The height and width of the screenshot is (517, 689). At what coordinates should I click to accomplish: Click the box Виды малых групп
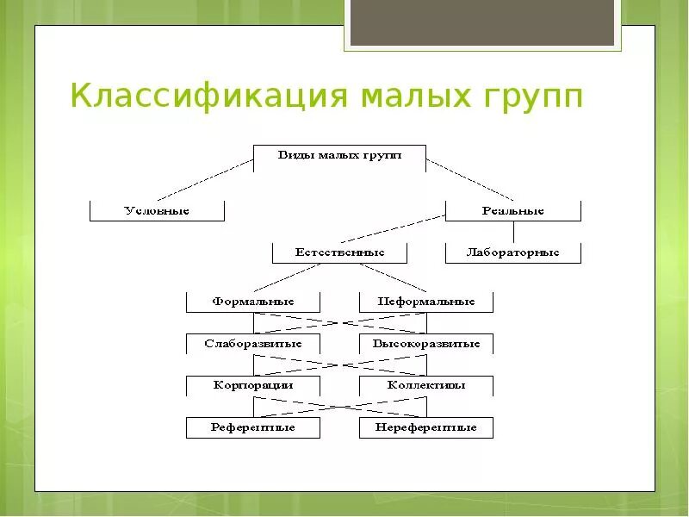(x=339, y=156)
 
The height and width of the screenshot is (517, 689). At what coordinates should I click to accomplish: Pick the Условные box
(x=157, y=210)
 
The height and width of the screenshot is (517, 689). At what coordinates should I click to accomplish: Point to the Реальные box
(x=512, y=210)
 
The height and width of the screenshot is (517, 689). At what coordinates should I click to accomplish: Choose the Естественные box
(x=339, y=252)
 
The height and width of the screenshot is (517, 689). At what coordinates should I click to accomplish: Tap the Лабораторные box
(x=512, y=252)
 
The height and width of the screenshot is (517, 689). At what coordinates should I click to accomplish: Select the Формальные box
(x=253, y=302)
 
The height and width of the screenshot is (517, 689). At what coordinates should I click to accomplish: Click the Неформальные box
(x=426, y=302)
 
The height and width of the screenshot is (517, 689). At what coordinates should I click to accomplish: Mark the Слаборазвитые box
(x=253, y=344)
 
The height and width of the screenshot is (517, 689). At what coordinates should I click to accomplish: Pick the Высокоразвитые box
(x=426, y=344)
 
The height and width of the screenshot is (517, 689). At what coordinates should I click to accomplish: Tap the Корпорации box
(x=253, y=385)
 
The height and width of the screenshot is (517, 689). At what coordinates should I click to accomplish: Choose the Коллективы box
(x=426, y=385)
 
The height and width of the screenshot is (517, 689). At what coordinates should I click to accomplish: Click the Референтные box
(x=253, y=427)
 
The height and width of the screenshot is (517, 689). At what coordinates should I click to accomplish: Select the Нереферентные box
(x=426, y=427)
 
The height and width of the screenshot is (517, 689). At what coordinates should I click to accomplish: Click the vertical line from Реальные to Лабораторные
(x=513, y=232)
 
